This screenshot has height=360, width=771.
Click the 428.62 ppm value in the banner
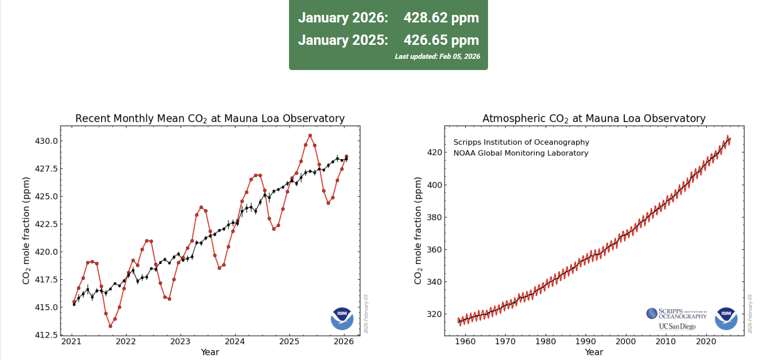441,18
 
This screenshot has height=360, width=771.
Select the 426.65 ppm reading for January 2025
441,40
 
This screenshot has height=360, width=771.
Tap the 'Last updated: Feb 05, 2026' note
437,56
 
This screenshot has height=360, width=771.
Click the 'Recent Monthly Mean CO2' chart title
210,119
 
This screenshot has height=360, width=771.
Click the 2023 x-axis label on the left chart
180,341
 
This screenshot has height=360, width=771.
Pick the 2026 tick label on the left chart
344,341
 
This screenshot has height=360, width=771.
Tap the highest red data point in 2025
310,135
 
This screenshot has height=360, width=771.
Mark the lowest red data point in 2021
110,326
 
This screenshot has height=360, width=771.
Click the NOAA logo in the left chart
342,318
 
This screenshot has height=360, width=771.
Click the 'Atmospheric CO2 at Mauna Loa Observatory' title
594,119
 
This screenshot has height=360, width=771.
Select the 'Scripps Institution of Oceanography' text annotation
521,142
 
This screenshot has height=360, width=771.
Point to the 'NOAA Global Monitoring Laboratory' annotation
521,153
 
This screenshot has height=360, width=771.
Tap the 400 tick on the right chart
434,185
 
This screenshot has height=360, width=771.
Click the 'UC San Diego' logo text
677,326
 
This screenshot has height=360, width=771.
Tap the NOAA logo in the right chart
726,318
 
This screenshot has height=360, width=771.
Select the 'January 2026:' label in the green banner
343,18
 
